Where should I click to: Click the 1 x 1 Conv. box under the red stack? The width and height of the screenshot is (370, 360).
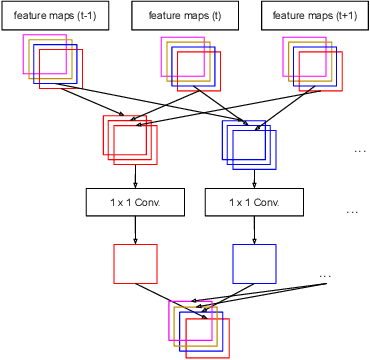[135, 203]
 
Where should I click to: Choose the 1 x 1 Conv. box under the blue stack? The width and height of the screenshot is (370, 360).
[254, 203]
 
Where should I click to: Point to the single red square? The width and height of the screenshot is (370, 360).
[135, 264]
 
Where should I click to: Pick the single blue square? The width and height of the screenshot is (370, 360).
[254, 264]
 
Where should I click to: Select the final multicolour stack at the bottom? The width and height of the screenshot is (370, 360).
[200, 326]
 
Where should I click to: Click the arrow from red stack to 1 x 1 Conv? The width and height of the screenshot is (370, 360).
[135, 176]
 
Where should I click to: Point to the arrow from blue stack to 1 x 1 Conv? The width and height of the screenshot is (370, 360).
[254, 176]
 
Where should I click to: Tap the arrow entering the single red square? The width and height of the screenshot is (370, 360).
[135, 231]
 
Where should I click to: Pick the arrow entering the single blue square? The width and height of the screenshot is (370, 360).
[254, 231]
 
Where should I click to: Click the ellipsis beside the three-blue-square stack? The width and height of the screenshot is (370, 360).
[360, 150]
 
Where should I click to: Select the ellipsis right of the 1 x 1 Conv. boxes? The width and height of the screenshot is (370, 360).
[352, 212]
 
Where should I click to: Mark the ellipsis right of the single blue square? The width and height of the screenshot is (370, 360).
[324, 275]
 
